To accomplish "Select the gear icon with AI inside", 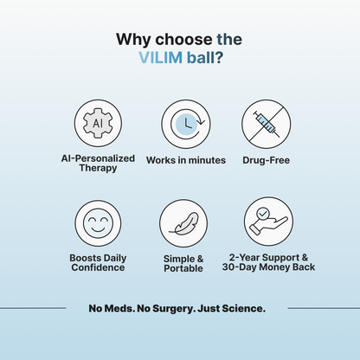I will point(97,123).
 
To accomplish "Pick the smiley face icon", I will point(97,224).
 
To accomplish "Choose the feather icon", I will point(184,224).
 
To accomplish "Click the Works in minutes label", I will point(185,160).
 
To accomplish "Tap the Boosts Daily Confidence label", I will point(97,262).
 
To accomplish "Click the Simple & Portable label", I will point(184,262).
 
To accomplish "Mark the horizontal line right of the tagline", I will point(322,307).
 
